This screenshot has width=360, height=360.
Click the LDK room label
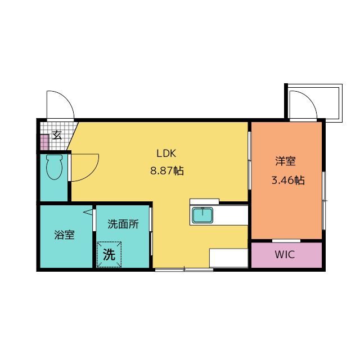tap(166, 154)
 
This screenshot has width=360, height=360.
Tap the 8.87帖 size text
tap(167, 171)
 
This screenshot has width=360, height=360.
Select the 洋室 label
tap(285, 161)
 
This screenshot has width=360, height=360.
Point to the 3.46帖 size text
tap(288, 180)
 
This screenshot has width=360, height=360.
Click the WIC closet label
tap(285, 255)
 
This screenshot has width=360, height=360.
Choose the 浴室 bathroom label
tap(65, 235)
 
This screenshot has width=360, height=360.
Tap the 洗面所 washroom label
tap(123, 224)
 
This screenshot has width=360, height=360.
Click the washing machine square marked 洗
tap(109, 254)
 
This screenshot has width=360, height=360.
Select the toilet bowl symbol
tap(54, 167)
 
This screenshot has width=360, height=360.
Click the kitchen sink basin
tap(202, 215)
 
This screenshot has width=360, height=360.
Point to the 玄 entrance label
tap(57, 135)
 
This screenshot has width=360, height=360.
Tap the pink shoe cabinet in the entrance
tap(44, 142)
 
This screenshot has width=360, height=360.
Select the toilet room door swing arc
tap(92, 173)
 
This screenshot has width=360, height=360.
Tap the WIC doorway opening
tap(286, 241)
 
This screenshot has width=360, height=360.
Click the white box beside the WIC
tap(229, 258)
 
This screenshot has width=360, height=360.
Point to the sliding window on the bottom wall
tap(184, 269)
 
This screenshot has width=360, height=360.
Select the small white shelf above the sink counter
tap(204, 201)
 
